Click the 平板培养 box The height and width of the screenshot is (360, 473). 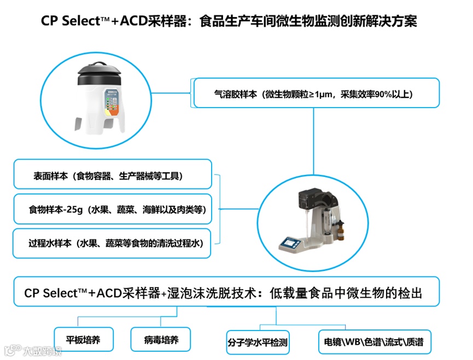tap(83, 340)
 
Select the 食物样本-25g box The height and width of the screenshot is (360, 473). tap(112, 209)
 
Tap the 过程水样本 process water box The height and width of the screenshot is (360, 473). tap(112, 244)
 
